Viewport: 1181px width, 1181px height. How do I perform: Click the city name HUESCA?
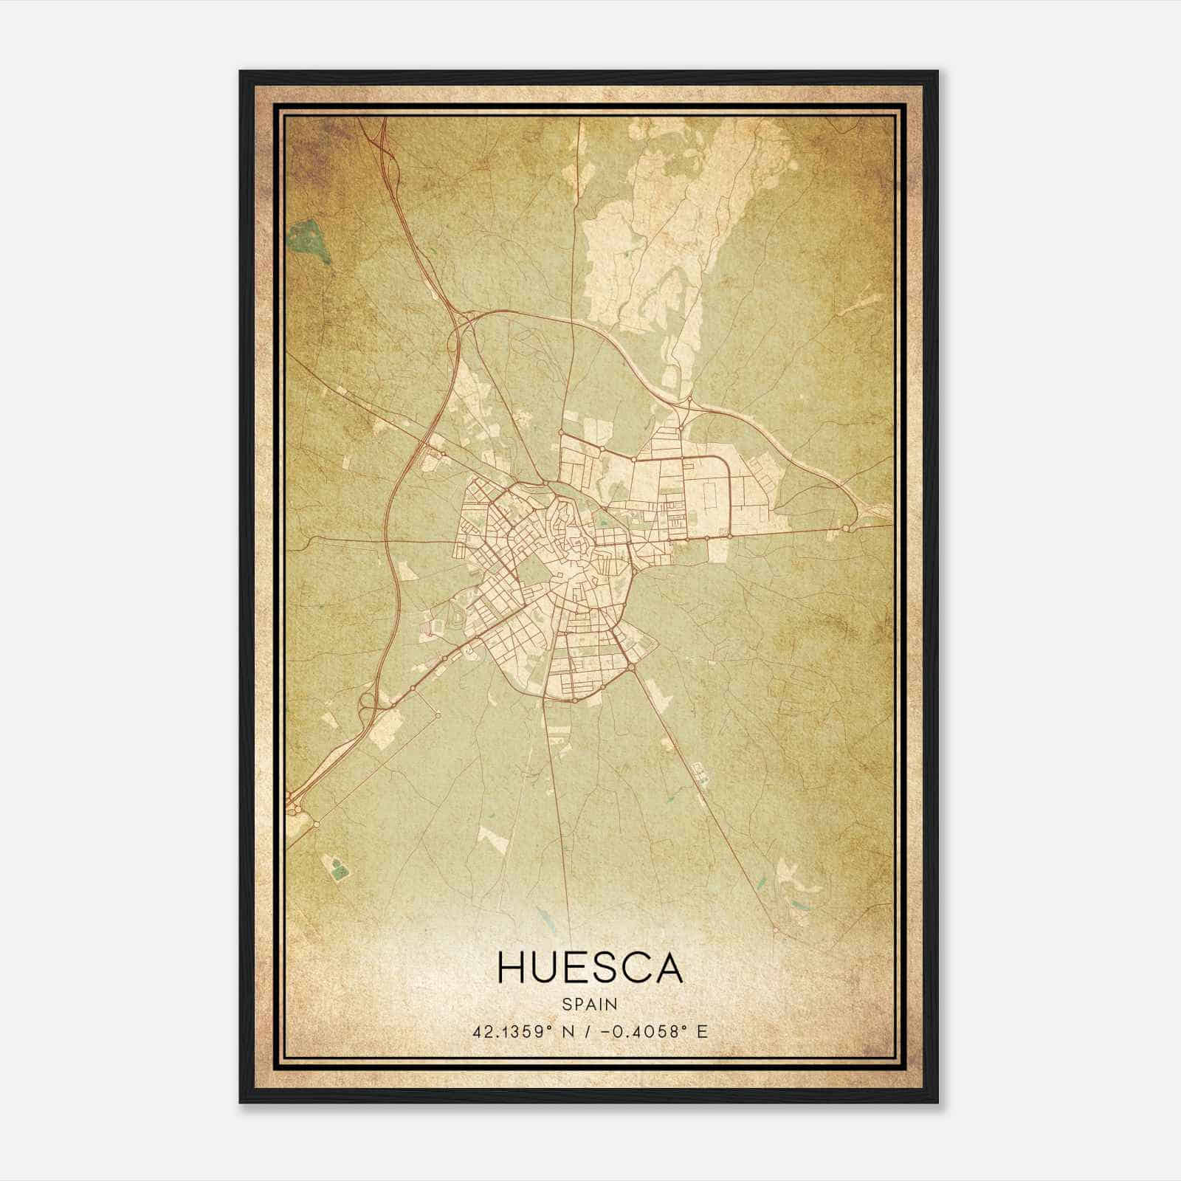[x=590, y=968]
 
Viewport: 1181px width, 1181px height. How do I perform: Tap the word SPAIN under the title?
[x=590, y=1005]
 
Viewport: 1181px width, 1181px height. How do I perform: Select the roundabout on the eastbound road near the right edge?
[x=845, y=528]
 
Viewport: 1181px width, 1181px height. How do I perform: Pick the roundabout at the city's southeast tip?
[x=633, y=668]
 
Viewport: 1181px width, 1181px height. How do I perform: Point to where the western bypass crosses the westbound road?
[x=385, y=540]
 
